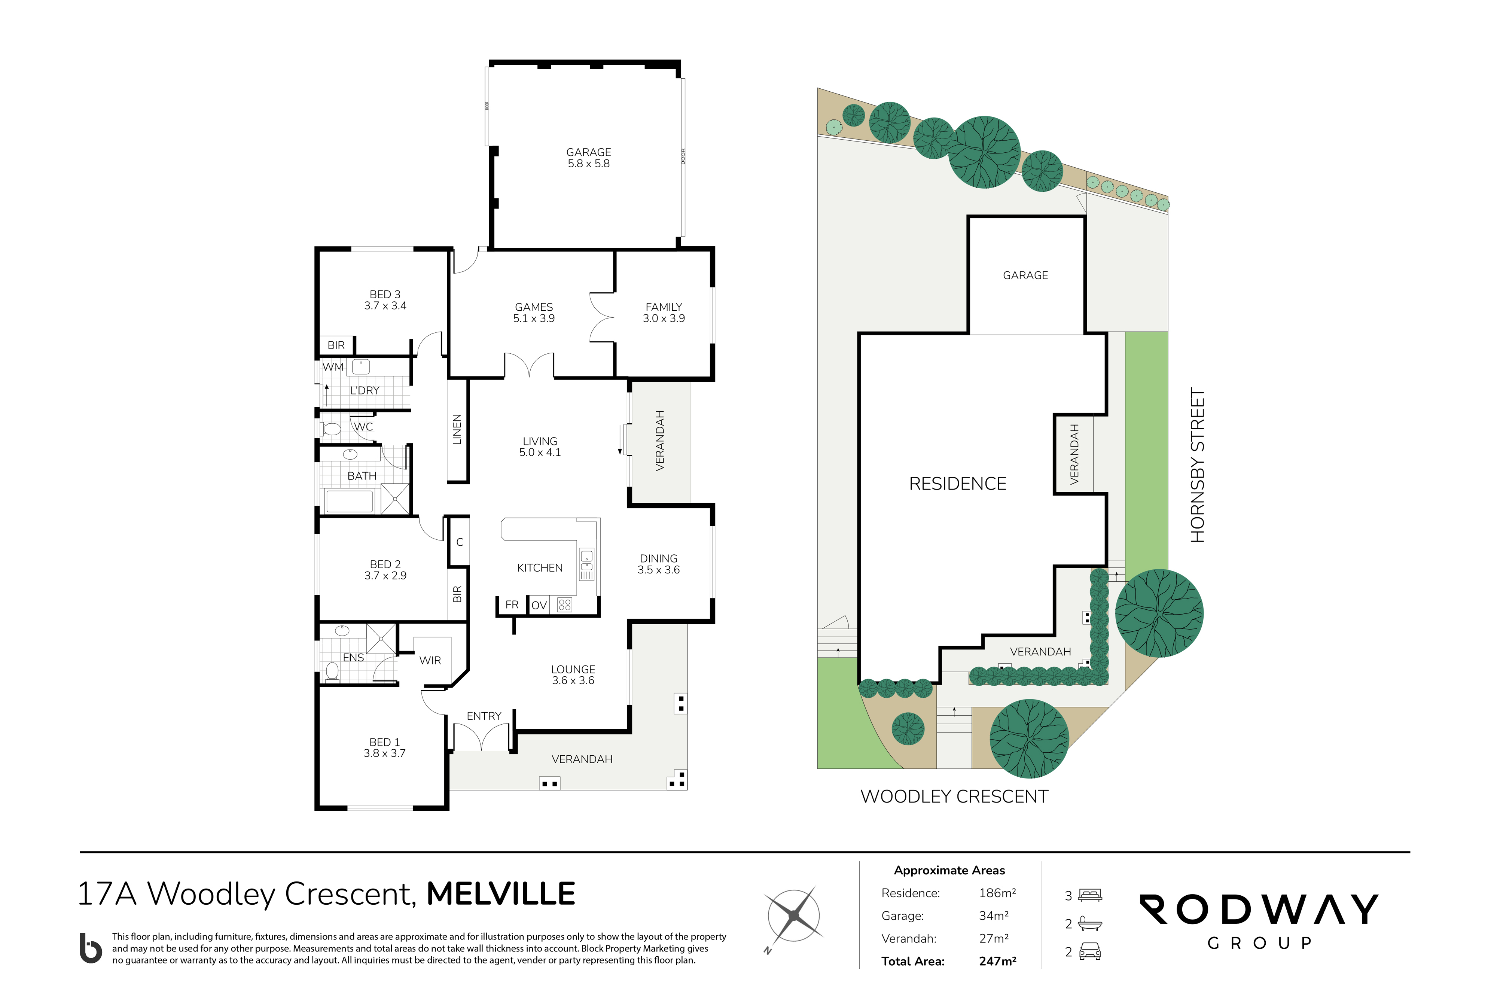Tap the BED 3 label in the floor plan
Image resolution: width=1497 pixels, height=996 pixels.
385,295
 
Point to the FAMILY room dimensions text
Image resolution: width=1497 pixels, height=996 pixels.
664,318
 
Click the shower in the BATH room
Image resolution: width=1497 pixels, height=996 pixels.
395,499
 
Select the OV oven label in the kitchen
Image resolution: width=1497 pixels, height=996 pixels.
539,605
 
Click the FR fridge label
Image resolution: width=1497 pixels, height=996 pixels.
512,605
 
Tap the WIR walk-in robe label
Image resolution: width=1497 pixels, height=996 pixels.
430,661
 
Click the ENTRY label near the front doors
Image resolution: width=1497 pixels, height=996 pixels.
484,716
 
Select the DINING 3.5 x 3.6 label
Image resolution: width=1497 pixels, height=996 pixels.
659,564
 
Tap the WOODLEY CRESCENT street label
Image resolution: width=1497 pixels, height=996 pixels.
954,797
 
